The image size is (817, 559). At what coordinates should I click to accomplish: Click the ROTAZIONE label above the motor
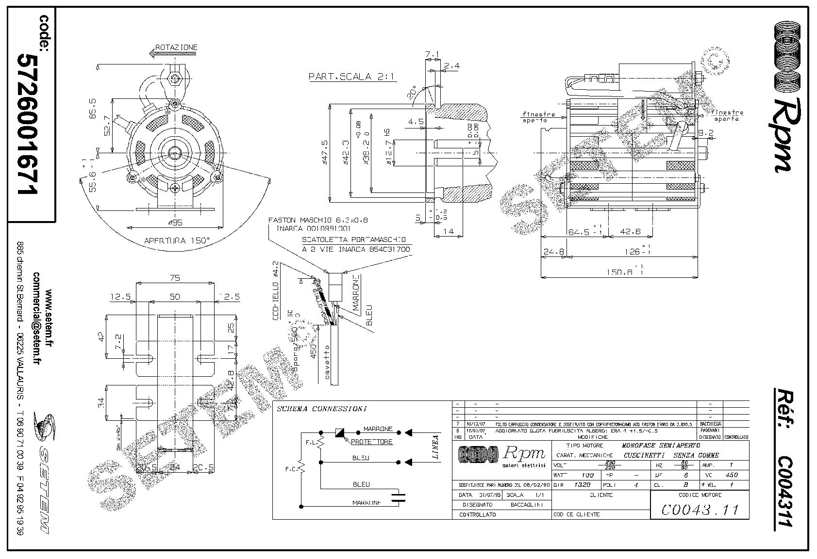coord(176,48)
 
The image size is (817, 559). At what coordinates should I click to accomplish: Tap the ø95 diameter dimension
coord(174,223)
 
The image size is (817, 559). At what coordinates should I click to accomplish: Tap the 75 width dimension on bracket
coord(175,278)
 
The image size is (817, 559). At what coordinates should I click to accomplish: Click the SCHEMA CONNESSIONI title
coord(321,409)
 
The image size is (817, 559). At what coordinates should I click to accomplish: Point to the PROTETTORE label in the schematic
coord(371,442)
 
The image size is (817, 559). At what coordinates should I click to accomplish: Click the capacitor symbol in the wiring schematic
coord(400,495)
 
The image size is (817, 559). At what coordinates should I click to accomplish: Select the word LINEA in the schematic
coord(435,447)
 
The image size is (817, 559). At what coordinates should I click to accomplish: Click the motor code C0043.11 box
coord(700,510)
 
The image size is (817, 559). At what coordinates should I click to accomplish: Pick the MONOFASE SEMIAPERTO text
coord(661,445)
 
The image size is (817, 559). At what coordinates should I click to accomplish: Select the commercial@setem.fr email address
coord(36,327)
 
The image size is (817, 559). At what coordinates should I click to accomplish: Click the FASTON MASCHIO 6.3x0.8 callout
coord(318,220)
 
